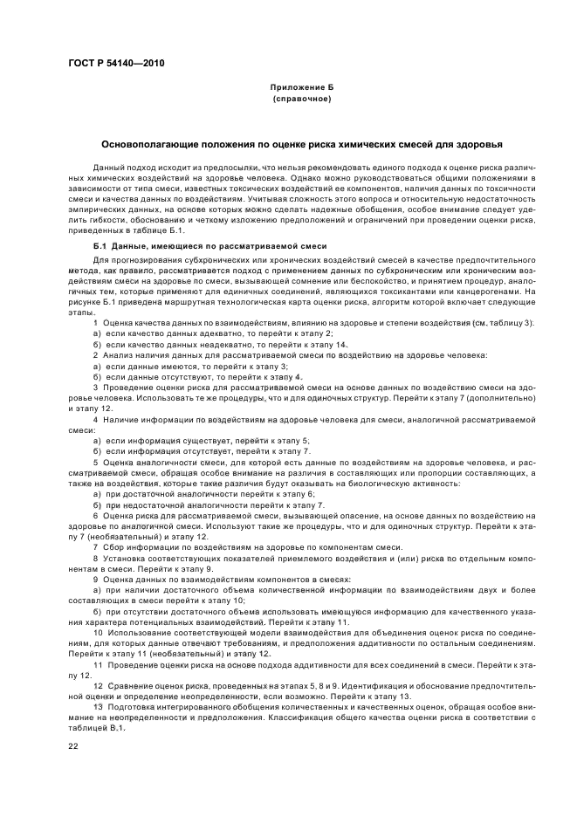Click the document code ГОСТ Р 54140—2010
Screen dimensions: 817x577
pos(115,63)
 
